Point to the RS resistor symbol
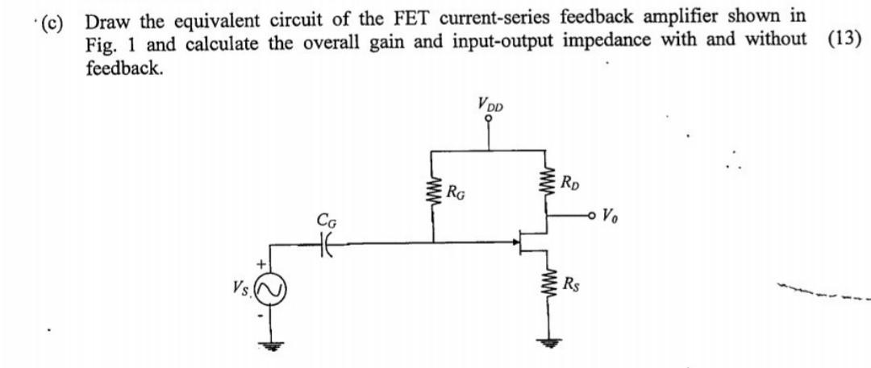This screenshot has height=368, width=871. pyautogui.click(x=548, y=286)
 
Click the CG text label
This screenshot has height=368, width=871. pyautogui.click(x=326, y=218)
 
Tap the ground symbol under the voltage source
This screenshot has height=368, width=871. pyautogui.click(x=269, y=342)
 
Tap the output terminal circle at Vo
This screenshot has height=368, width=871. pyautogui.click(x=594, y=217)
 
